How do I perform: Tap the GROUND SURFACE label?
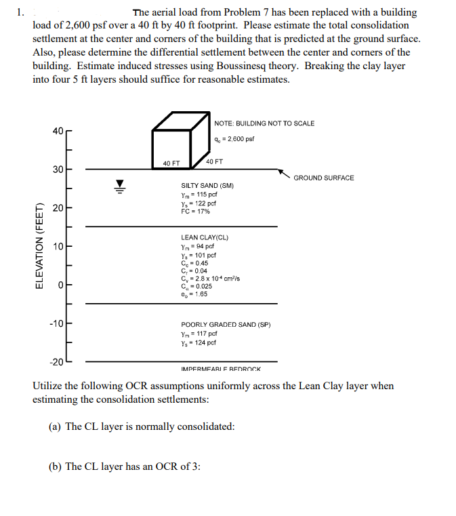coord(323,178)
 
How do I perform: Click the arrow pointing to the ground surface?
coord(285,172)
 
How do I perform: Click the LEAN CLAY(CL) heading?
coord(205,238)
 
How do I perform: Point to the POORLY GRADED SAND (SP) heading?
coord(226,325)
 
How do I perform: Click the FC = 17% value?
coord(195,212)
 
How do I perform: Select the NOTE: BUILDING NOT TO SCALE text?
coord(264,123)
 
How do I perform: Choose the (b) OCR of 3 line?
coord(125,467)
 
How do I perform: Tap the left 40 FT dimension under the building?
coord(171,163)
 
